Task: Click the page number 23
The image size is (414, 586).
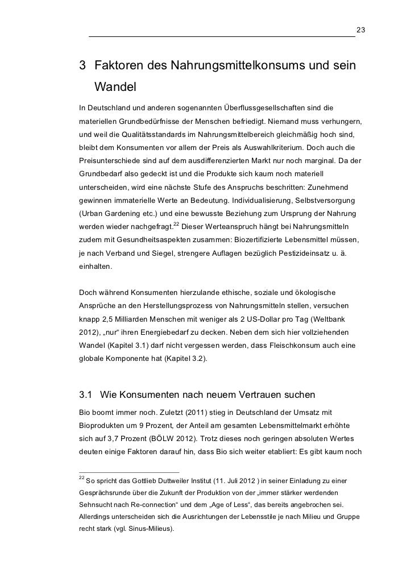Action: (x=360, y=29)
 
